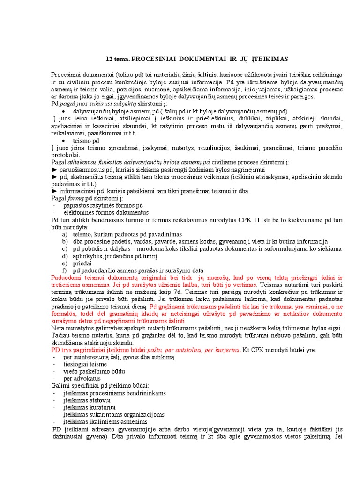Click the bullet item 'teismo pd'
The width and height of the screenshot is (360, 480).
point(86,141)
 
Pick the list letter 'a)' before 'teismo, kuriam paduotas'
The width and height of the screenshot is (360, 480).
point(65,234)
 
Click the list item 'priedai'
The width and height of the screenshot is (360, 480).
point(82,263)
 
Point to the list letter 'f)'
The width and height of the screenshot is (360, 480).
point(65,270)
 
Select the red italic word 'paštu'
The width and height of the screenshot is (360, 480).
point(156,350)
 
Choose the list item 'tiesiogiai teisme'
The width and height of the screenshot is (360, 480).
point(85,364)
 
